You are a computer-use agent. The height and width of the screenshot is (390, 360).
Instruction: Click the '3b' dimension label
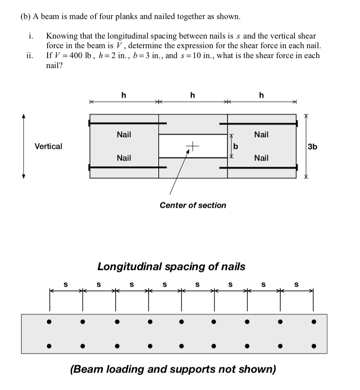(x=312, y=147)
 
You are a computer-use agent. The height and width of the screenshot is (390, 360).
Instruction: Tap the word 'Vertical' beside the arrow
(x=48, y=146)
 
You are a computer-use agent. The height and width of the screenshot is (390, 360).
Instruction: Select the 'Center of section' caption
(x=193, y=205)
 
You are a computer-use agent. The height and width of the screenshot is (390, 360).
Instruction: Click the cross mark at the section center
(x=193, y=145)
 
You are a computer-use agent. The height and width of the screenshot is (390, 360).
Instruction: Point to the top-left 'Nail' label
(x=124, y=134)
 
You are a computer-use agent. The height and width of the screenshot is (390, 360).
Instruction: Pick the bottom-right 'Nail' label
(x=261, y=158)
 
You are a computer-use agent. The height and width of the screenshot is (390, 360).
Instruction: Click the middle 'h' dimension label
(x=193, y=95)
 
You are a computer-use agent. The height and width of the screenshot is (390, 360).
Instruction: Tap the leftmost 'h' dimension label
(x=124, y=95)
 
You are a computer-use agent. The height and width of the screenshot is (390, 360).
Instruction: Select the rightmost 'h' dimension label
(x=261, y=95)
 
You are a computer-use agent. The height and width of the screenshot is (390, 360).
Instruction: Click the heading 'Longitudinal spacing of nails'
(x=171, y=266)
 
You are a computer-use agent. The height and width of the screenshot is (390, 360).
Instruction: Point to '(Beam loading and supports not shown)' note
(x=173, y=369)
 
